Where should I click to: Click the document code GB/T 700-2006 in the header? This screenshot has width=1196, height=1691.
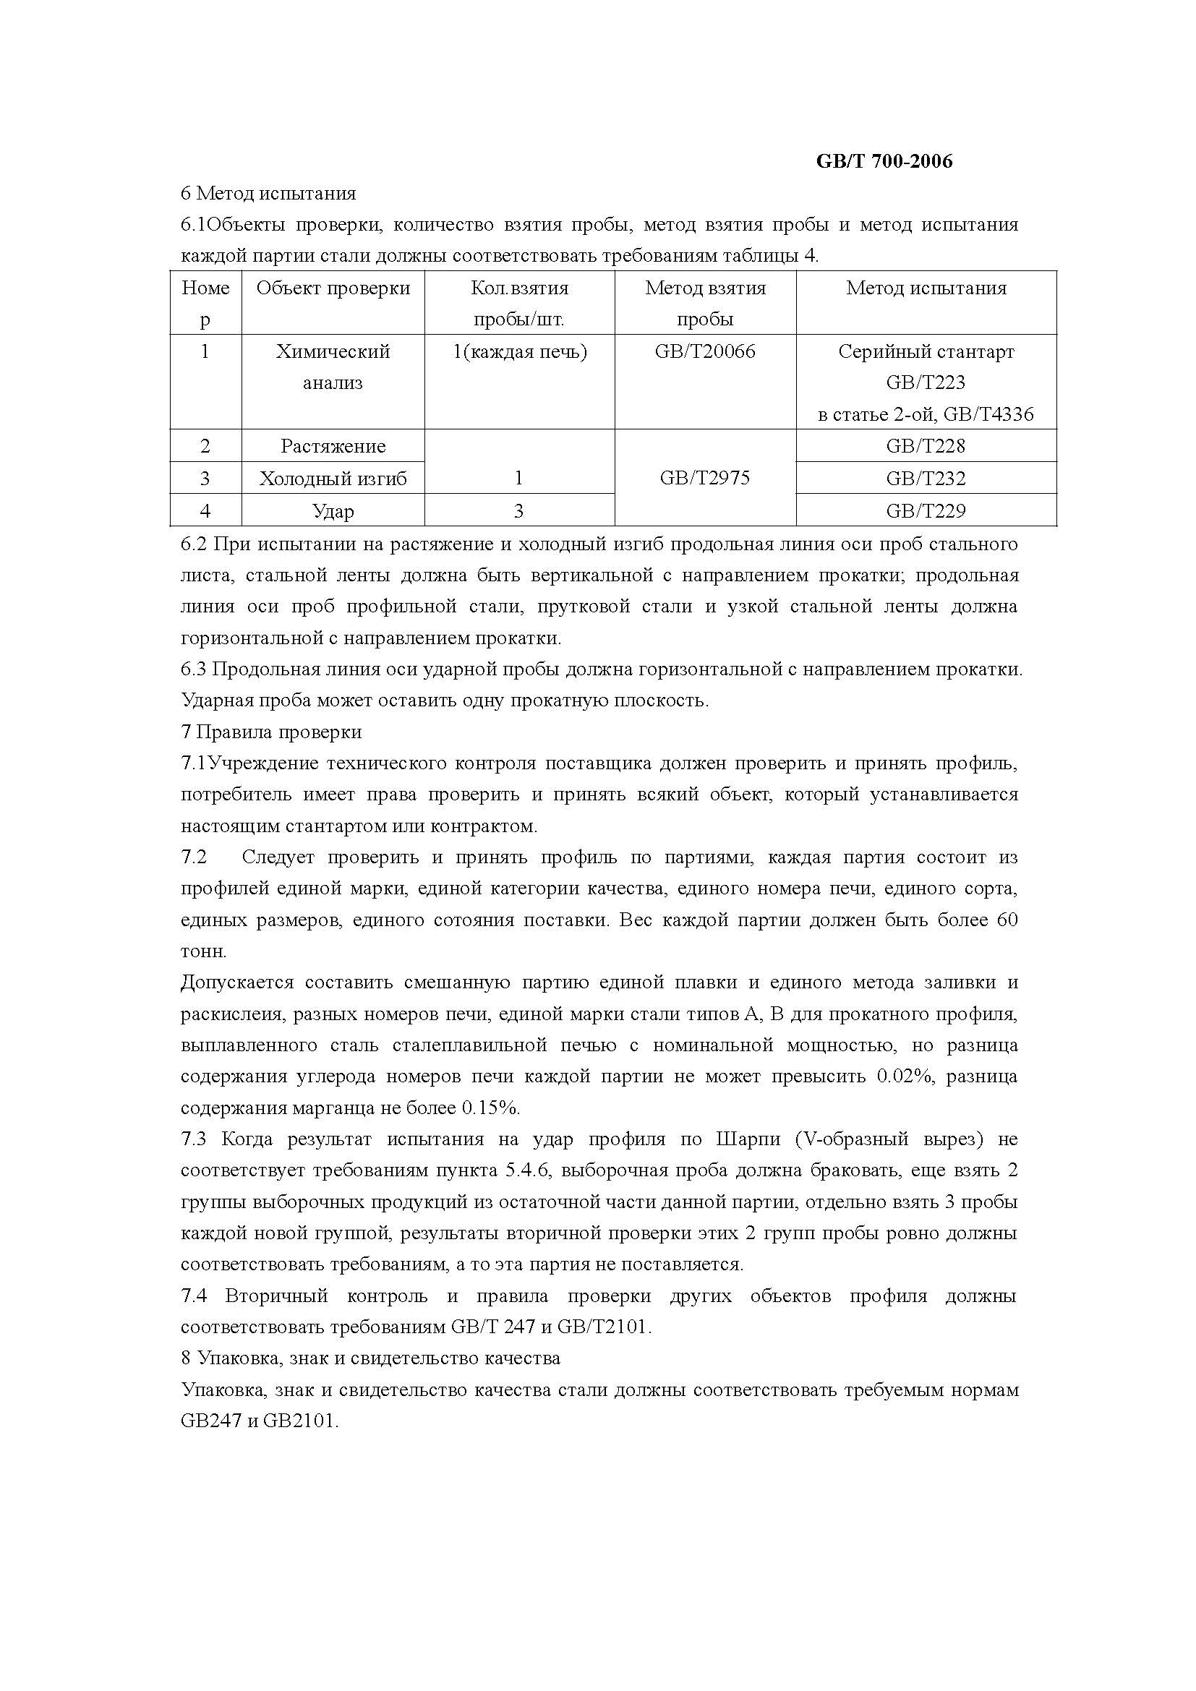(884, 161)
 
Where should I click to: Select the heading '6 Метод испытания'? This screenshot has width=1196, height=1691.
(268, 194)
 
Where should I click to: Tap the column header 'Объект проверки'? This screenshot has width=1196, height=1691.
(333, 288)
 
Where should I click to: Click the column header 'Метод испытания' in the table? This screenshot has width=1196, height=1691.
(926, 288)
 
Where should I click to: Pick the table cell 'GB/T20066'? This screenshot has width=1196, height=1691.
(705, 351)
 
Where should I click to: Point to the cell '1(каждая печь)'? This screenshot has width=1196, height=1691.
(519, 351)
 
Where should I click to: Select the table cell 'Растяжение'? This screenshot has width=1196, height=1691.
(333, 445)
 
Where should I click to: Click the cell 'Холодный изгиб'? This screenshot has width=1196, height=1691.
(333, 478)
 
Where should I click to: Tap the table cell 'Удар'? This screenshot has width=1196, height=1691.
(333, 510)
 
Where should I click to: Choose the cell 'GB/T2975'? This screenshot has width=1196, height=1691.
(705, 478)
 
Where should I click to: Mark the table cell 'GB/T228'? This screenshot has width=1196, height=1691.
(926, 445)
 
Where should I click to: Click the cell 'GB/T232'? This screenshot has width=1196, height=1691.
(926, 478)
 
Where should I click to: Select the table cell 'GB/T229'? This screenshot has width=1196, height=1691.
(926, 510)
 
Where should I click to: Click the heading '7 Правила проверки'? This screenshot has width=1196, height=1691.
(271, 732)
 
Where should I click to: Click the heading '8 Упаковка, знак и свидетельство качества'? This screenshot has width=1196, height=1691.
(370, 1358)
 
